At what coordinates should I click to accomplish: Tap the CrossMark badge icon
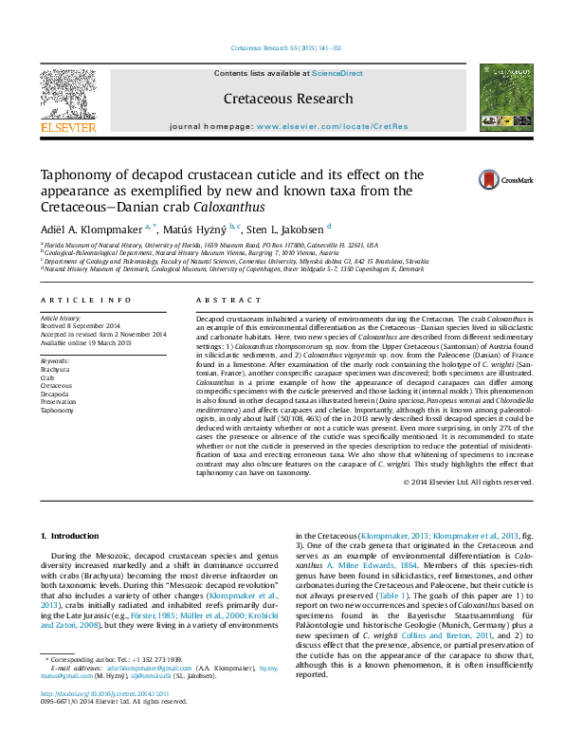point(489,179)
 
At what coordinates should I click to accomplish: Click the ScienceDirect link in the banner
point(337,73)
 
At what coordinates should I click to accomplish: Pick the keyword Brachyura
point(55,369)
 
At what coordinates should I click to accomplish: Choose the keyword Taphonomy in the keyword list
point(56,411)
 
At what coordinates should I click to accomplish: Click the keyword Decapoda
point(55,394)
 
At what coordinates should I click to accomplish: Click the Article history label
point(61,318)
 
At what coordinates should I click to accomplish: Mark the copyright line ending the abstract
point(468,482)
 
